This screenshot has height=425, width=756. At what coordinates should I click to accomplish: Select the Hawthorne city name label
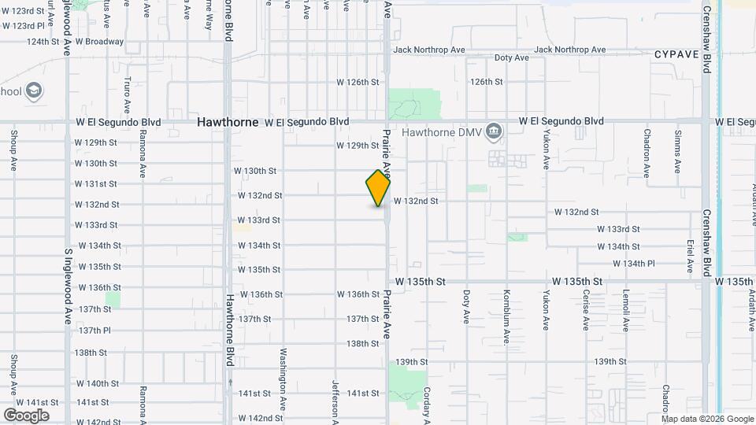228,122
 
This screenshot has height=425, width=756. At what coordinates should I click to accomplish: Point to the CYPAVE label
676,54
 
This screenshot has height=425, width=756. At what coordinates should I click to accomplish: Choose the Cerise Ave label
586,311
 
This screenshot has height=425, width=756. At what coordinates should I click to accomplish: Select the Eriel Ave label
690,257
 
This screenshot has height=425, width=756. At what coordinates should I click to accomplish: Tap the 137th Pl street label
94,331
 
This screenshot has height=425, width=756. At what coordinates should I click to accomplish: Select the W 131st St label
96,184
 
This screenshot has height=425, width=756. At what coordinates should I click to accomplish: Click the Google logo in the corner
26,415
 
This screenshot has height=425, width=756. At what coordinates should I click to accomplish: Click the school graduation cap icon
34,91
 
